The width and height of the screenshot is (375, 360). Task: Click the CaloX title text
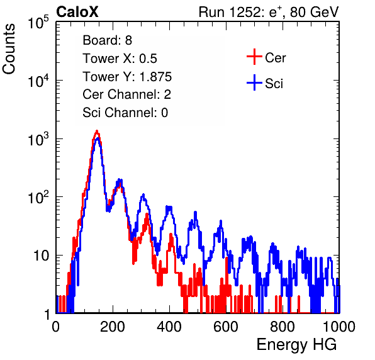(77, 12)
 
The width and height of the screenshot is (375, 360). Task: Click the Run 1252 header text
(269, 13)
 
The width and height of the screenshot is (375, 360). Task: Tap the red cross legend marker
(254, 57)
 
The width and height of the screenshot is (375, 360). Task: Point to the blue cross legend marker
(254, 82)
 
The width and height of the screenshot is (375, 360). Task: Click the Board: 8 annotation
(107, 40)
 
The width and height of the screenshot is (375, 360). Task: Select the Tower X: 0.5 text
(120, 59)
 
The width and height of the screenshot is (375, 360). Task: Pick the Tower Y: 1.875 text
(127, 77)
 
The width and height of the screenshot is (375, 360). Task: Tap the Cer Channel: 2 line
(126, 94)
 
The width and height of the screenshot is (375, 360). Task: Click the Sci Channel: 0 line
(125, 113)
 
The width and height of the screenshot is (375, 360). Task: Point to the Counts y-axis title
(9, 49)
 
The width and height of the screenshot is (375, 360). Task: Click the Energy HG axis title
(296, 345)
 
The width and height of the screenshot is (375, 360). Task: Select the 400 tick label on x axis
(169, 327)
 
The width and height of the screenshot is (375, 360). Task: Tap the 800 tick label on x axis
(283, 327)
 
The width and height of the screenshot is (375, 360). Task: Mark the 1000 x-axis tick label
(339, 327)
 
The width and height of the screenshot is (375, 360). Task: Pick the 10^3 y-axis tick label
(38, 139)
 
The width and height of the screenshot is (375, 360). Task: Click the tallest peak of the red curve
(97, 131)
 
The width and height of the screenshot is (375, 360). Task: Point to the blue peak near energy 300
(143, 195)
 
